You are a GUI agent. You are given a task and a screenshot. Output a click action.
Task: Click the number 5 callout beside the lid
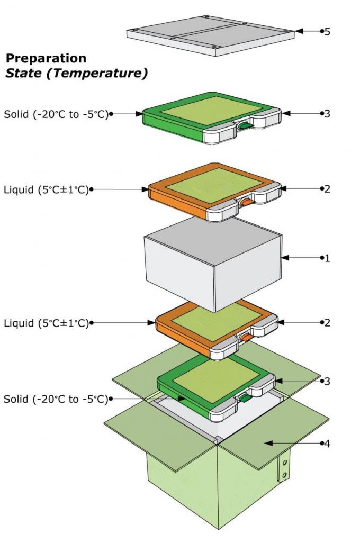[x=327, y=31]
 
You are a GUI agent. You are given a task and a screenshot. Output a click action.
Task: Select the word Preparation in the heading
[x=46, y=58]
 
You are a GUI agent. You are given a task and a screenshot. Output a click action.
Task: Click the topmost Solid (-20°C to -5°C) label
[x=56, y=113]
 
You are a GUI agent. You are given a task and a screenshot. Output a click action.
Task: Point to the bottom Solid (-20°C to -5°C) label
[x=56, y=399]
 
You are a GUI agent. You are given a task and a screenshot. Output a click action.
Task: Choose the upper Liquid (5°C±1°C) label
[x=46, y=189]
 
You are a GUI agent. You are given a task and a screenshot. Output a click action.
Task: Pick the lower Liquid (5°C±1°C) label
[x=46, y=322]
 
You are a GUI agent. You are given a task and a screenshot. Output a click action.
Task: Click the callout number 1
[x=327, y=258]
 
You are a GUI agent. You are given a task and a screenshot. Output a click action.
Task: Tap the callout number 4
[x=327, y=444]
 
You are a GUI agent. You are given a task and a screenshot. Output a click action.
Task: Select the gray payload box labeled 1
[x=212, y=265]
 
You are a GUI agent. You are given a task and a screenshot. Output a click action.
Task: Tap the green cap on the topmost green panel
[x=245, y=125]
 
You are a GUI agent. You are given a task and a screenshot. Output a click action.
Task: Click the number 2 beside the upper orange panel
[x=327, y=189]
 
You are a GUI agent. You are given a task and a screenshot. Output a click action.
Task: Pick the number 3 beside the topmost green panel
[x=327, y=113]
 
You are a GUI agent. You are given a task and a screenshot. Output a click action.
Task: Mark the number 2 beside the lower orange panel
[x=327, y=322]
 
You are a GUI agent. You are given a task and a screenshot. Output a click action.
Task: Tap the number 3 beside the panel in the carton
[x=327, y=381]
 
